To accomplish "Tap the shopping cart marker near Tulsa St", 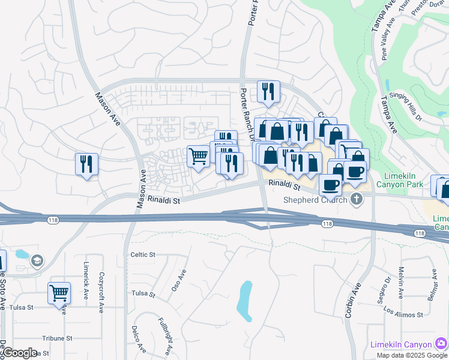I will [x=59, y=294].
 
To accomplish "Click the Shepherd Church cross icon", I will [x=357, y=199].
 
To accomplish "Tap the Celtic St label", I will [x=143, y=254].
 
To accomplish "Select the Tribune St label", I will [x=57, y=338].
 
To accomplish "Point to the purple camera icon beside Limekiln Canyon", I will [x=441, y=344].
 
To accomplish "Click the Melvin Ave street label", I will [x=401, y=268].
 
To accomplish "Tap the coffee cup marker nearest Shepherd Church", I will [x=330, y=185].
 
